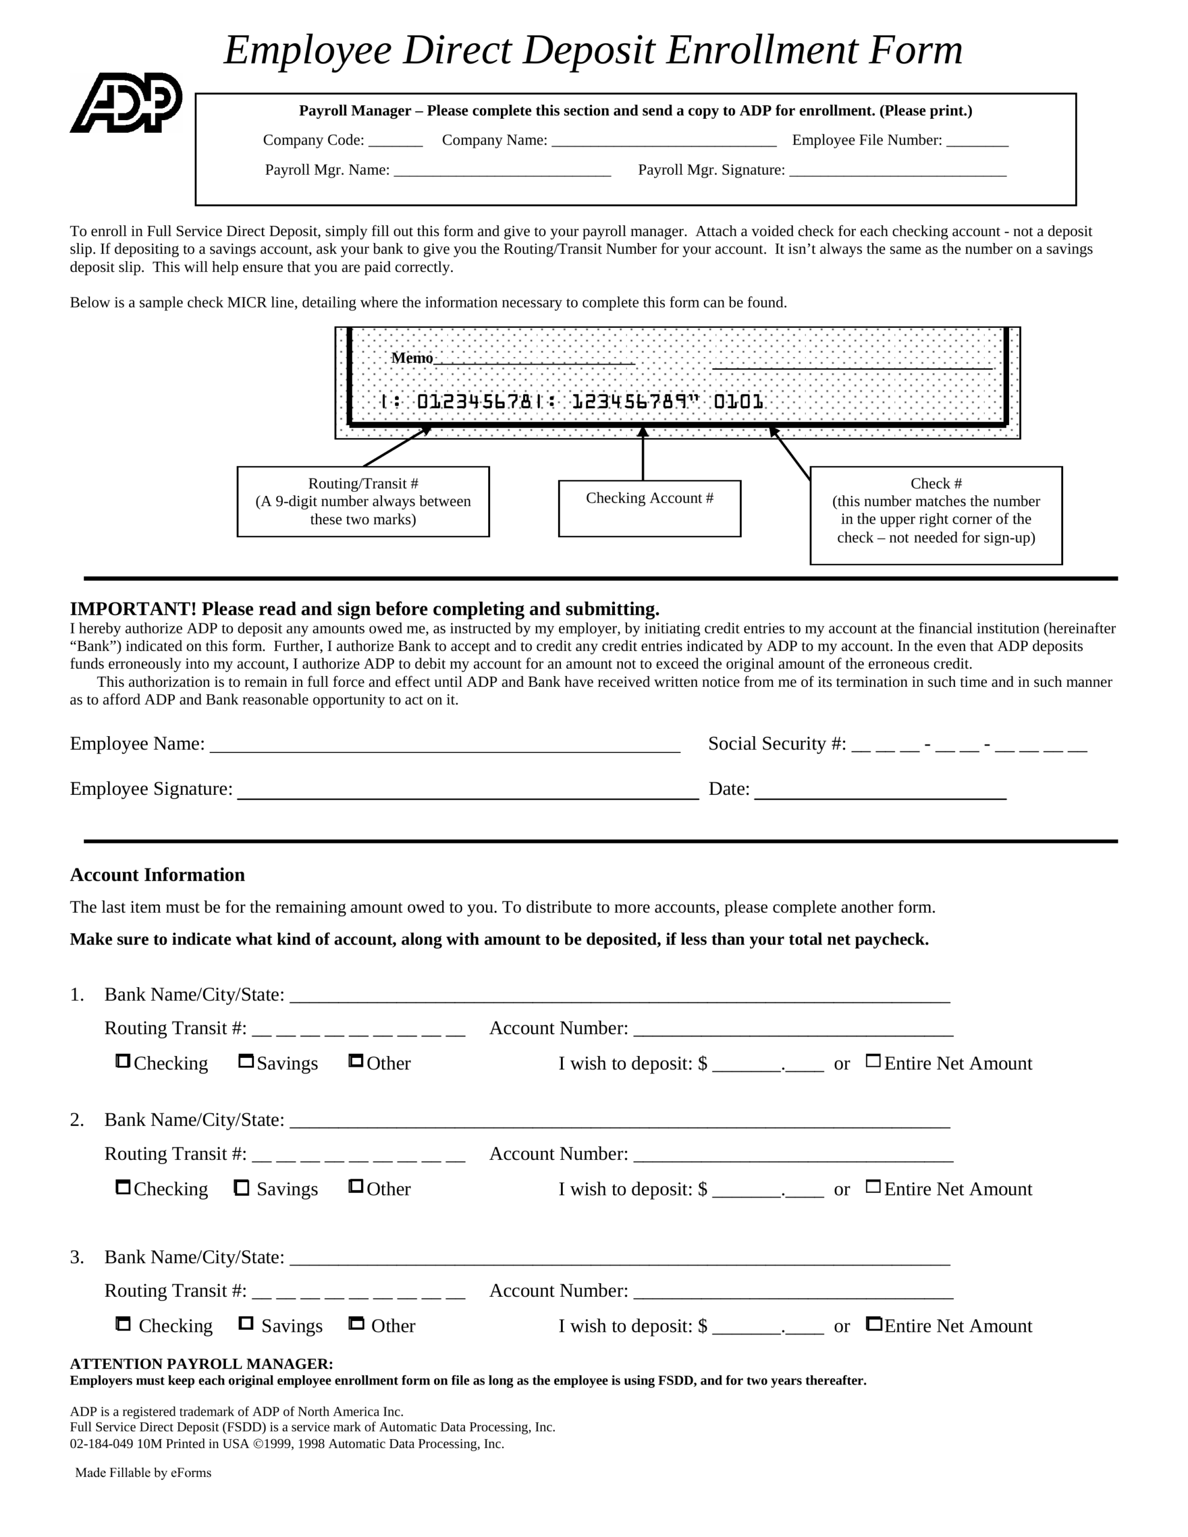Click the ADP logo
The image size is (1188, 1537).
click(x=126, y=103)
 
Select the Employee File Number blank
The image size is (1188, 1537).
click(x=977, y=142)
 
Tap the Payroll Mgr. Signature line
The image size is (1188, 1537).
click(x=897, y=171)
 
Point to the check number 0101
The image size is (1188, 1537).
click(x=738, y=402)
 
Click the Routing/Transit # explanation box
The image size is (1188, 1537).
click(x=363, y=501)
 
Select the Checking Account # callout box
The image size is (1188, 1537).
click(x=649, y=508)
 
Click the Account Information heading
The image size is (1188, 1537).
click(x=157, y=875)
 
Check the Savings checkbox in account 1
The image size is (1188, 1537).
click(x=246, y=1060)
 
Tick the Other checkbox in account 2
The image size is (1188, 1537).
click(x=356, y=1186)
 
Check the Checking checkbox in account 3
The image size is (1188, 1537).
click(x=123, y=1324)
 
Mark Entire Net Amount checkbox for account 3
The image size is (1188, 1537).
click(x=873, y=1324)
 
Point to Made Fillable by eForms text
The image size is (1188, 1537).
click(x=143, y=1473)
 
